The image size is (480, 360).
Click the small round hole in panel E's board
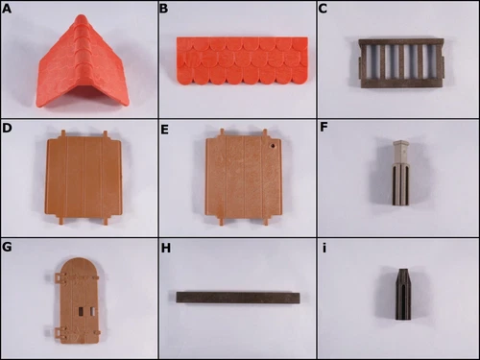coord(273,147)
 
